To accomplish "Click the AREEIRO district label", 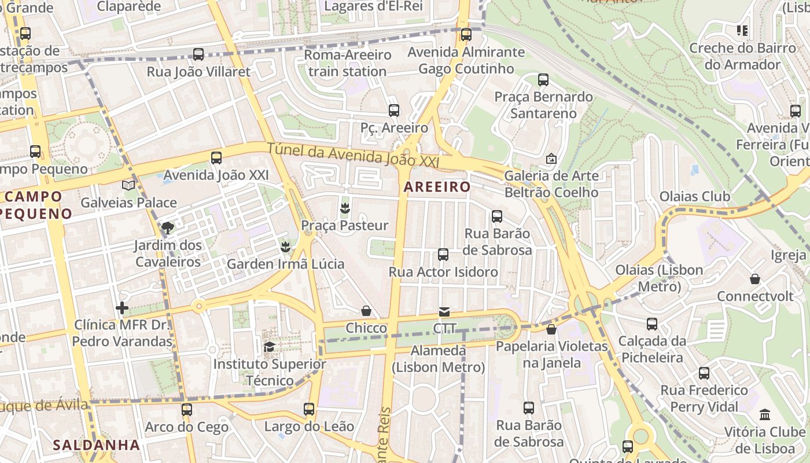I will [437, 187].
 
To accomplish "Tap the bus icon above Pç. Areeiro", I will [394, 110].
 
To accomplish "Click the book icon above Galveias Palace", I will [128, 185].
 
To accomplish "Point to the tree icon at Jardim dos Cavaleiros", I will [168, 227].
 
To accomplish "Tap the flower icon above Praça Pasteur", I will [345, 208].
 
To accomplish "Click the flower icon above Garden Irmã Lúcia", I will [285, 247].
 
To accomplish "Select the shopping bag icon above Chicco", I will [366, 311].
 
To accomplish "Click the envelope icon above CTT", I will [444, 312].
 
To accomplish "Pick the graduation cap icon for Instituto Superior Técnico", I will [269, 347].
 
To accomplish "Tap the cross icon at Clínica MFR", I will [122, 308].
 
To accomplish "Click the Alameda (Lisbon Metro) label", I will [438, 359].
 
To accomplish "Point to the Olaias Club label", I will [695, 196].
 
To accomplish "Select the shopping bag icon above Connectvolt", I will [755, 279].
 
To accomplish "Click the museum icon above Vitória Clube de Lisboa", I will [765, 414].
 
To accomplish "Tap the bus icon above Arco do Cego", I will [186, 410].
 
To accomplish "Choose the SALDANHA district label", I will [97, 445].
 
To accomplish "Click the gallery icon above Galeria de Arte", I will [551, 158].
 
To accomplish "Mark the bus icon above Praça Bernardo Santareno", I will [543, 80].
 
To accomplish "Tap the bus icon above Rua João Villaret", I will [198, 54].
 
